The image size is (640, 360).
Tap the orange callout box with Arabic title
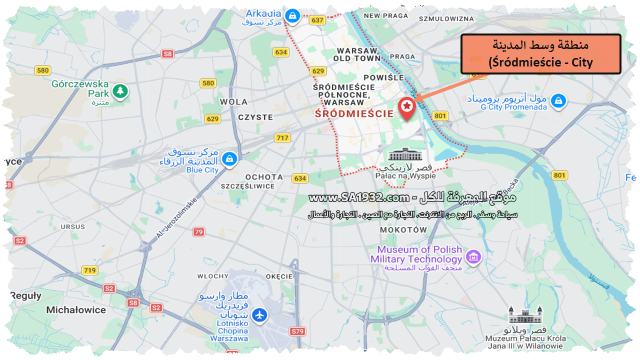pos(540,54)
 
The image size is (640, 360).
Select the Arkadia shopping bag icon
pos(291,16)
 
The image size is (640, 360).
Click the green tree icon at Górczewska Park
pos(120,91)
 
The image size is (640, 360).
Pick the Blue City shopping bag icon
pos(229,159)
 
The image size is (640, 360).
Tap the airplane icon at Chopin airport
pos(259,315)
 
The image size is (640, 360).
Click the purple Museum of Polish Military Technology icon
pos(472,257)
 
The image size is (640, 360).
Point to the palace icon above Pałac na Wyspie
pos(405,154)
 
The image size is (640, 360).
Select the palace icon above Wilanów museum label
pos(525,314)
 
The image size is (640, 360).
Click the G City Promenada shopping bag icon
pos(558,101)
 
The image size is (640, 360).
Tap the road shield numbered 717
pos(282,137)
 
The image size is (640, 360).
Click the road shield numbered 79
pos(199,232)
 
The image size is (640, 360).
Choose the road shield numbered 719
pos(89,270)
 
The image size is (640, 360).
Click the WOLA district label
pos(233,101)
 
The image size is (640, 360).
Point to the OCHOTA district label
pos(264,176)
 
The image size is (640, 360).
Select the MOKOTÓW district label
pos(403,230)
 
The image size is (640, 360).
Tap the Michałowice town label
pos(76,310)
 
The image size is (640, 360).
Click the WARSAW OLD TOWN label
pos(358,54)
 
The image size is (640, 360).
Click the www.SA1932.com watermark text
pos(359,198)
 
